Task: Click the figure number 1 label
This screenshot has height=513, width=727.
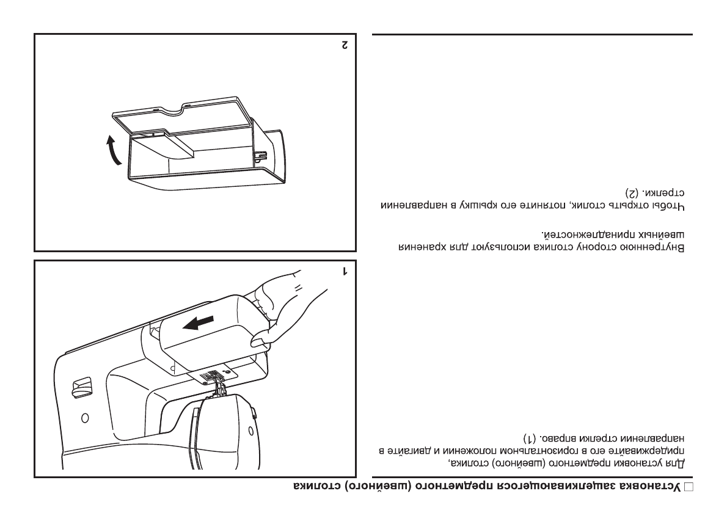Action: (345, 271)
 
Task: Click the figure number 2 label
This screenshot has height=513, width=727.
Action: (345, 44)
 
